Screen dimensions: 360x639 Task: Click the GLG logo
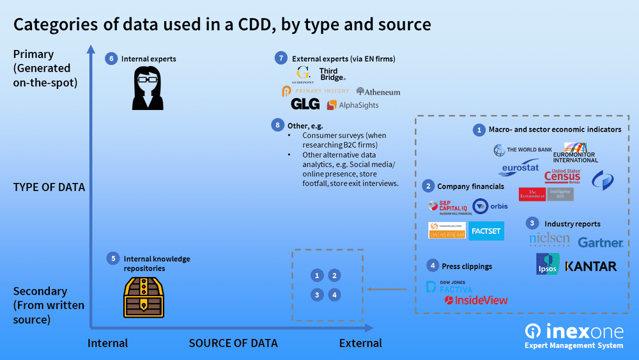[x=305, y=104]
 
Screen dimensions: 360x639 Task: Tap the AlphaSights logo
[x=352, y=105]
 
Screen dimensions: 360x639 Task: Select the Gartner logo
[x=600, y=242]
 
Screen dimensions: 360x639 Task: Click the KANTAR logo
[x=591, y=266]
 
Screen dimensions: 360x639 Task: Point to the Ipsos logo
[x=548, y=264]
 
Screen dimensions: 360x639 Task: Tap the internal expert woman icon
[x=146, y=89]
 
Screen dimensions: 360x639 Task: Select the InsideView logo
[x=476, y=300]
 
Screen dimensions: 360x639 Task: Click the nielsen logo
[x=550, y=239]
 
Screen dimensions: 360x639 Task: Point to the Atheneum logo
[x=378, y=92]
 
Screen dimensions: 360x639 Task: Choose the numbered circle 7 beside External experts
[x=281, y=58]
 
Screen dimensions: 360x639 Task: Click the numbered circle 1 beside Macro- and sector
[x=479, y=129]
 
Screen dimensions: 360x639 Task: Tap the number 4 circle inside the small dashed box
[x=335, y=295]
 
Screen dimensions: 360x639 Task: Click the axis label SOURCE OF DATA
[x=233, y=343]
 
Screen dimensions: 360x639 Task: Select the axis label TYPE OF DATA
[x=49, y=187]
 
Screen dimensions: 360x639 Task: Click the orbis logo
[x=489, y=206]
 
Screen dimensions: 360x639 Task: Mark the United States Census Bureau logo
[x=563, y=176]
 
